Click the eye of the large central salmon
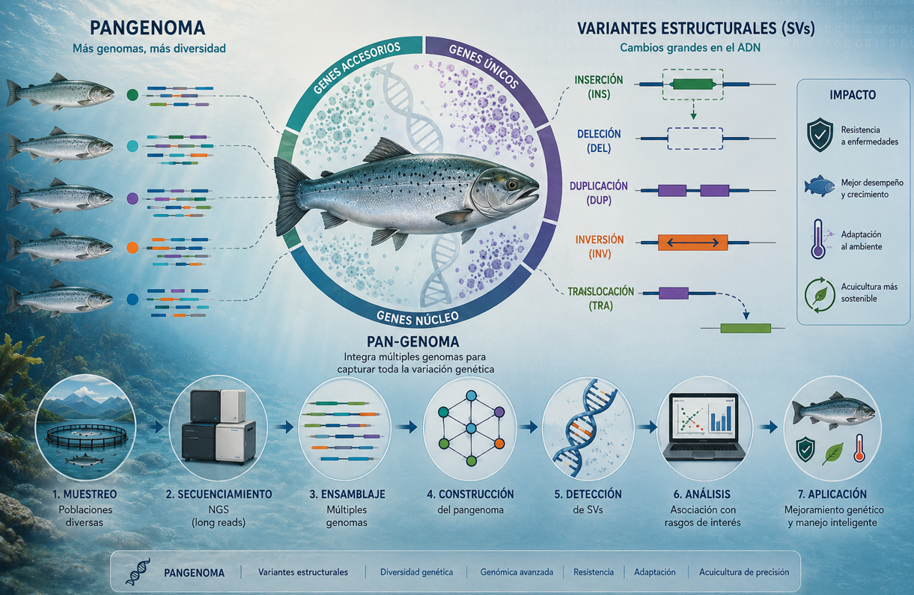tap(511, 184)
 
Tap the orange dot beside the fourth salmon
tap(132, 248)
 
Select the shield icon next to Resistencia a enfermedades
tap(820, 135)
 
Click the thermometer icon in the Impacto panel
tap(817, 239)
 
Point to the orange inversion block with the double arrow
tap(693, 242)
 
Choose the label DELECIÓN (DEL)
tap(599, 141)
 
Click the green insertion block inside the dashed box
tap(693, 85)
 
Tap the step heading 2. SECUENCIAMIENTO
tap(219, 494)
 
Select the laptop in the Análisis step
tap(704, 427)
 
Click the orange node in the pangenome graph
tap(499, 444)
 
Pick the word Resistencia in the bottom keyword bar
tap(594, 572)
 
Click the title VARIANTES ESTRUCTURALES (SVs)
tap(696, 28)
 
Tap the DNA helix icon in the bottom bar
tap(138, 572)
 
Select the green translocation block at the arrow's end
tap(746, 328)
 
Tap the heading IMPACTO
tap(853, 95)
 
